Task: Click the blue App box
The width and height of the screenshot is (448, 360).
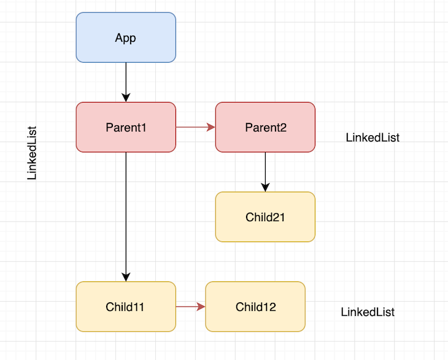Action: coord(126,37)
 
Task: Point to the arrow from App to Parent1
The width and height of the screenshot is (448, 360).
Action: coord(126,80)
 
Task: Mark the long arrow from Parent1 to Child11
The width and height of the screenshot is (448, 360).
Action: coord(126,215)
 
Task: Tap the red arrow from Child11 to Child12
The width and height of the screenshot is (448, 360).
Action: coord(188,307)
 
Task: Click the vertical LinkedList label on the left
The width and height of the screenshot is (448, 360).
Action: coord(33,153)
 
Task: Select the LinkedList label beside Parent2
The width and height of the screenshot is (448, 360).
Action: coord(373,138)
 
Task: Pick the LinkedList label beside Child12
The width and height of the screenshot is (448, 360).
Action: coord(368,312)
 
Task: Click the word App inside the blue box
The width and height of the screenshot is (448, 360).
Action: coord(126,38)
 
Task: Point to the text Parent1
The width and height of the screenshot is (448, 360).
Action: coord(126,128)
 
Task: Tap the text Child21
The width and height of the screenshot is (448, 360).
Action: coord(265,217)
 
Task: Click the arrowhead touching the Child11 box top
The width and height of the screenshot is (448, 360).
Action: coord(126,277)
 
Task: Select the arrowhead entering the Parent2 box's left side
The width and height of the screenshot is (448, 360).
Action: coord(211,127)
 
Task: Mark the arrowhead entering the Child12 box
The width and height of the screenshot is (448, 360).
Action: coord(201,307)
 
